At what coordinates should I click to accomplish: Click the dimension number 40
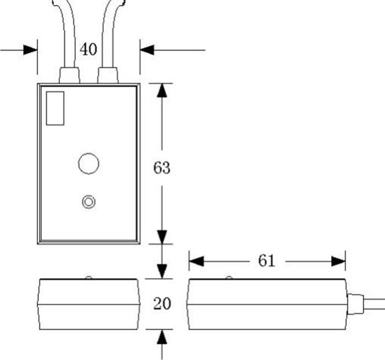pos(88,49)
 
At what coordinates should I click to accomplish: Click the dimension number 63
pos(162,168)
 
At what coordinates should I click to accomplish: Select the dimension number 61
pos(266,261)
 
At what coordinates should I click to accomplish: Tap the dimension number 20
pos(162,303)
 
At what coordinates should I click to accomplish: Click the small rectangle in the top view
pos(55,108)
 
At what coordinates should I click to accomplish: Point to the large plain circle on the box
pos(88,163)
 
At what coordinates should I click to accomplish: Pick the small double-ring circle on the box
pos(88,202)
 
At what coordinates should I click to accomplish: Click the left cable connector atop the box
pos(69,75)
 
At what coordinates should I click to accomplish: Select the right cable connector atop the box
pos(108,75)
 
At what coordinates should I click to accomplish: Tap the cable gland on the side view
pos(355,304)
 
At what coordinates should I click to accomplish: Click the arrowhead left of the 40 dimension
pos(31,49)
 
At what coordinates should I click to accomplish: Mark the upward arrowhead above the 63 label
pos(162,91)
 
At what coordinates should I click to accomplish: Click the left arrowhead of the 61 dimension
pos(196,261)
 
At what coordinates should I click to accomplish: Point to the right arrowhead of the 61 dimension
pos(338,261)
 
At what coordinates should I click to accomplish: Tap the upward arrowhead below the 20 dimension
pos(162,336)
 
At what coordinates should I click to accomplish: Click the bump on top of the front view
pos(88,278)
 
